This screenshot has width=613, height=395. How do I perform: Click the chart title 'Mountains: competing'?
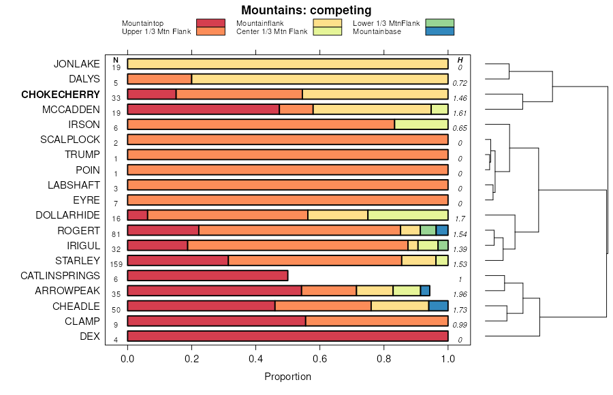[x=306, y=10]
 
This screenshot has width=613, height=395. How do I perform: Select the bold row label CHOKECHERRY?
[x=61, y=95]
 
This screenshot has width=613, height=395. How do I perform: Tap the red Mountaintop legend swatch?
[x=210, y=23]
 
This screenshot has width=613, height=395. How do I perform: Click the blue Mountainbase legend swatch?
[x=439, y=31]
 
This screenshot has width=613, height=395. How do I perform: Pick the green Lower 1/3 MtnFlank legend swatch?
[x=439, y=23]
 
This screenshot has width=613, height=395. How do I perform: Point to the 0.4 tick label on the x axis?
[x=255, y=358]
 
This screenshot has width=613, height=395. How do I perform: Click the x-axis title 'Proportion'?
[x=287, y=377]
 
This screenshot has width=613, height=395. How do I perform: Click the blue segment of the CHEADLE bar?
[x=438, y=306]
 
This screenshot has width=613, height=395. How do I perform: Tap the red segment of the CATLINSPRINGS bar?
[x=208, y=275]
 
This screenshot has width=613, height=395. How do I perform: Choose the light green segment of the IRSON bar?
[x=421, y=124]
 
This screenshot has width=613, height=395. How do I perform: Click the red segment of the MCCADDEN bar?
[x=203, y=109]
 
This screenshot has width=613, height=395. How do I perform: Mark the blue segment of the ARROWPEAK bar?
[x=425, y=290]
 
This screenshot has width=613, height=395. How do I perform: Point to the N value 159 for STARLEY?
[x=115, y=264]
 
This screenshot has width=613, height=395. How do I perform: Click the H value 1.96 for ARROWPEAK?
[x=460, y=294]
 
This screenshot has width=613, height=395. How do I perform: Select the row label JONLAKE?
[x=77, y=64]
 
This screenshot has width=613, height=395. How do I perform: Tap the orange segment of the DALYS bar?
[x=159, y=79]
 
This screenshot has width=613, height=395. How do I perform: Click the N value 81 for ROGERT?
[x=115, y=234]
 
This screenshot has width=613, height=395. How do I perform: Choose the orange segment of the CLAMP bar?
[x=377, y=321]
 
